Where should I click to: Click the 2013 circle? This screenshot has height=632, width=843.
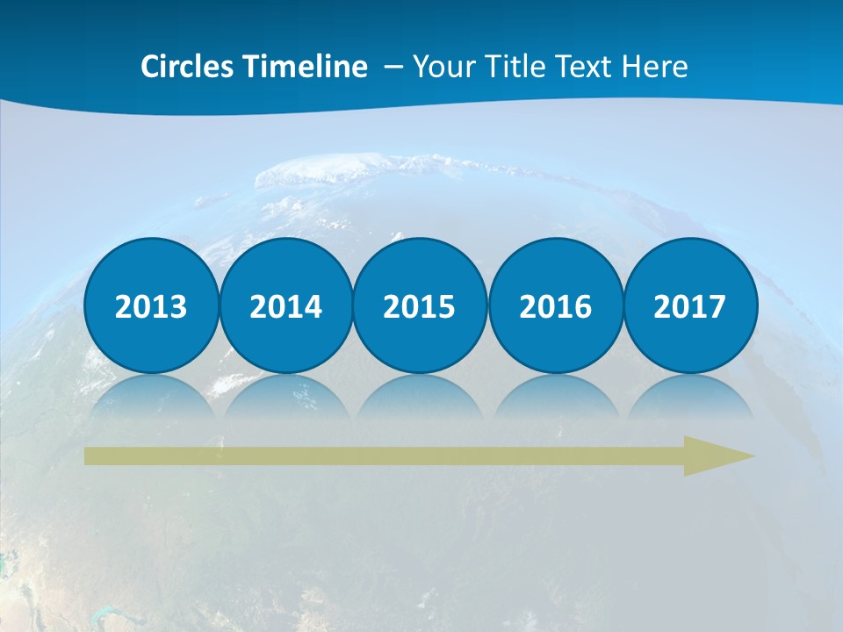[x=151, y=306]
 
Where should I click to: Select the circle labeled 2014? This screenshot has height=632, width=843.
[x=285, y=306]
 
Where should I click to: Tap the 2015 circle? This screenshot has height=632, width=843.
[x=420, y=306]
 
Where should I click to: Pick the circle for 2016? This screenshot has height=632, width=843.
[x=555, y=306]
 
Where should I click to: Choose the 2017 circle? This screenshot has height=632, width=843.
[x=690, y=306]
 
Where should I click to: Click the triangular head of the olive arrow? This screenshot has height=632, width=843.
[x=716, y=456]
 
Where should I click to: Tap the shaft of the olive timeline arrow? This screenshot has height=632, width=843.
[x=378, y=456]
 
